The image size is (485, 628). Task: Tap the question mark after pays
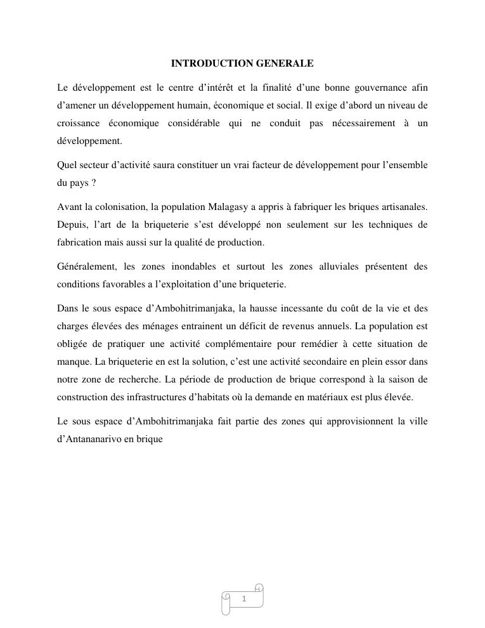[93, 183]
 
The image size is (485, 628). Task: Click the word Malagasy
[224, 207]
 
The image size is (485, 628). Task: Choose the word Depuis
[70, 225]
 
